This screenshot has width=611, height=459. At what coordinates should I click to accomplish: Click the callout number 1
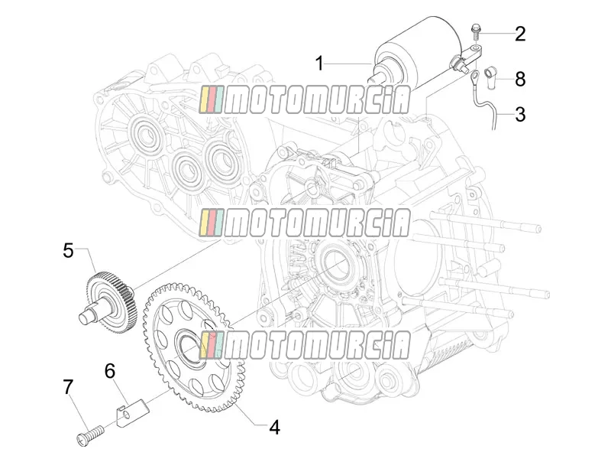tap(319, 63)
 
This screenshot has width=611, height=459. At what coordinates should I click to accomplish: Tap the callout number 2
tap(520, 34)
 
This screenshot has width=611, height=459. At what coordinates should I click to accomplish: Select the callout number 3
tap(520, 114)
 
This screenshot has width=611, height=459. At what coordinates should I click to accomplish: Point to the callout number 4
tap(275, 428)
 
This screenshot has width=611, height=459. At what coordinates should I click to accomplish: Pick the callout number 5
tap(68, 250)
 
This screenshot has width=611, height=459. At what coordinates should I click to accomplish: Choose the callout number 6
tap(110, 371)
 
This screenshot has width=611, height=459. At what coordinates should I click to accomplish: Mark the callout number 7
tap(68, 387)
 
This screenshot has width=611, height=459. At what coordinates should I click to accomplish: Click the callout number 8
tap(520, 79)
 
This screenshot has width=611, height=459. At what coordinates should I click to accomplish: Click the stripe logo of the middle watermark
tap(212, 223)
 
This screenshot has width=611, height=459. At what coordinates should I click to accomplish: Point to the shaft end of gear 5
tap(85, 317)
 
